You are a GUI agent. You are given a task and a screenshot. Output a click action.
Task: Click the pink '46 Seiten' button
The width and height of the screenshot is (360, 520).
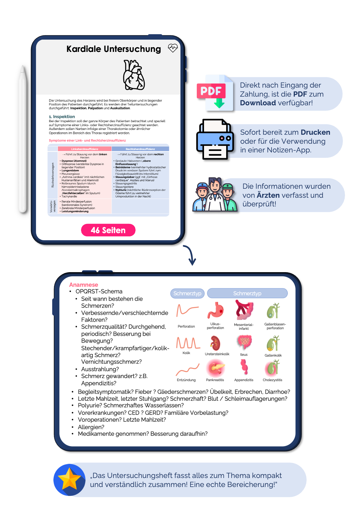[x=108, y=230]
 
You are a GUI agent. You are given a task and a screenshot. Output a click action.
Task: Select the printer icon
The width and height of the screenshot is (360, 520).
[x=214, y=139]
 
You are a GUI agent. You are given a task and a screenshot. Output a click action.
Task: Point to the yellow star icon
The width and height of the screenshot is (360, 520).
[x=69, y=479]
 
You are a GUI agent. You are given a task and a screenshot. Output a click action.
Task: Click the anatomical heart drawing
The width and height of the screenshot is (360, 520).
[x=134, y=75]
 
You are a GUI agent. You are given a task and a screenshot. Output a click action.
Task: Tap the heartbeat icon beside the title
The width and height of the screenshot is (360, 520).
[x=173, y=48]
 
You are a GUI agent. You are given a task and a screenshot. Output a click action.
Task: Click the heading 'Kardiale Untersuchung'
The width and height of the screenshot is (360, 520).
[x=113, y=49]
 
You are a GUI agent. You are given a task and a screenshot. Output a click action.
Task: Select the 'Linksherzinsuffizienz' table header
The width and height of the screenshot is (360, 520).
[x=85, y=149]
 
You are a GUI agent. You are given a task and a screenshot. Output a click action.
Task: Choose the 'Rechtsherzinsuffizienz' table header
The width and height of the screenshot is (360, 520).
[x=140, y=149]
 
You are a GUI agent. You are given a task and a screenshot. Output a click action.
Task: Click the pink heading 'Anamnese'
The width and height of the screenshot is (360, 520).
[x=83, y=285]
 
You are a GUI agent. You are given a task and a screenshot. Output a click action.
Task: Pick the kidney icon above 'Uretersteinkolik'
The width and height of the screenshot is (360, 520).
[x=215, y=343]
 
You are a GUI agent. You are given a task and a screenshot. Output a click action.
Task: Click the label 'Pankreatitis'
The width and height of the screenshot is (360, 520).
[x=215, y=380]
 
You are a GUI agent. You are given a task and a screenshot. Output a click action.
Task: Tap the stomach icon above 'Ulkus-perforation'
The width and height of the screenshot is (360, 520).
[x=215, y=310]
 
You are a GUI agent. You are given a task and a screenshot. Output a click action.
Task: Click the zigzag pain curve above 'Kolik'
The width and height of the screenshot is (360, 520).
[x=188, y=342]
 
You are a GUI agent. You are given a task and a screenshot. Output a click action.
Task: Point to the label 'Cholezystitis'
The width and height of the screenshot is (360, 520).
[x=272, y=380]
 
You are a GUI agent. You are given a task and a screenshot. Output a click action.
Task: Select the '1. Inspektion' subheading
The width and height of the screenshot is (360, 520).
[x=62, y=116]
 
